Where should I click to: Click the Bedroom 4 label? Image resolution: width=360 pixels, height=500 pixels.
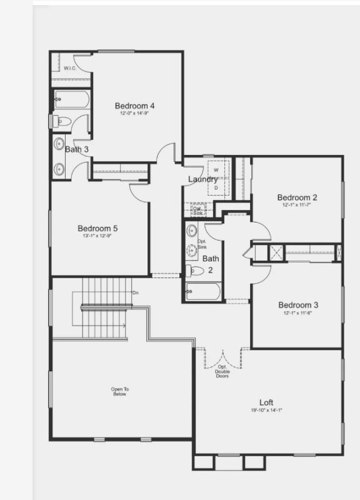click(134, 106)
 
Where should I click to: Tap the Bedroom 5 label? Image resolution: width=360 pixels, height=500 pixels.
click(97, 228)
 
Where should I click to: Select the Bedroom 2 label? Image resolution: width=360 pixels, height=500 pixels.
click(297, 197)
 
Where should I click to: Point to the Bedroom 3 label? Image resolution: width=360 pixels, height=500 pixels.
click(298, 305)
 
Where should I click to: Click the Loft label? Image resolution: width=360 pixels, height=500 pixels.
click(266, 402)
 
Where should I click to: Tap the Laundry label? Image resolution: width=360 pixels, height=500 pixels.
click(203, 179)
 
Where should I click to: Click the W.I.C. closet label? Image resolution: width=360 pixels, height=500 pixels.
click(69, 68)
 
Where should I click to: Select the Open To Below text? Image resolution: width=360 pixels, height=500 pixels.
click(119, 392)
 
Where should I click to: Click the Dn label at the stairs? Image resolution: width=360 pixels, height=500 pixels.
click(136, 292)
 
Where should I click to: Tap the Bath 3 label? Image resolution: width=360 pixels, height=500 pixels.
click(77, 149)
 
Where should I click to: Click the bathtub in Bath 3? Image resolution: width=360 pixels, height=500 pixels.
click(72, 99)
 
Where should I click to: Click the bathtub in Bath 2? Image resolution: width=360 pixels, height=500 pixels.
click(204, 291)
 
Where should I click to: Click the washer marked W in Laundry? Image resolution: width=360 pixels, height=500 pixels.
click(216, 170)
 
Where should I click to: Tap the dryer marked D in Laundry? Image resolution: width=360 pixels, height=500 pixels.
click(216, 187)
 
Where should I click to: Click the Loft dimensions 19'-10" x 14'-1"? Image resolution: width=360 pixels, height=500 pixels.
click(266, 411)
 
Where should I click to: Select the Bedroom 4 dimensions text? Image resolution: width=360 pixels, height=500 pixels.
click(134, 114)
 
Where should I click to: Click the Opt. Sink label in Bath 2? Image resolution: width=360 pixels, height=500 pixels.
click(202, 244)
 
